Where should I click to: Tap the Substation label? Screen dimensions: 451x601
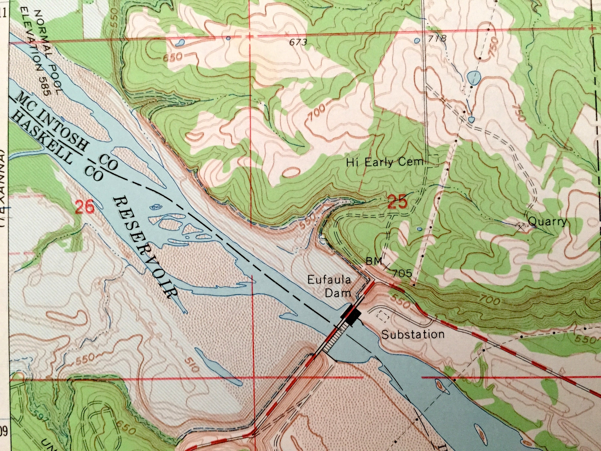click(413, 334)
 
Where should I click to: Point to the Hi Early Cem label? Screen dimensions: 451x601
click(385, 163)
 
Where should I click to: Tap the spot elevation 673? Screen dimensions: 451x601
click(298, 42)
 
